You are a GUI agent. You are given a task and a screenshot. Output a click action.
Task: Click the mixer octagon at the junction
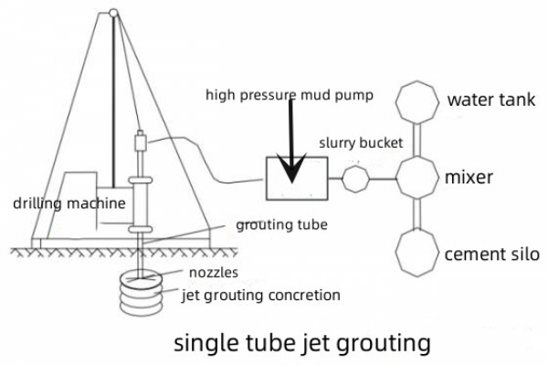point(418,177)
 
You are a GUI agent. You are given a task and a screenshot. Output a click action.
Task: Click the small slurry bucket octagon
point(355,178)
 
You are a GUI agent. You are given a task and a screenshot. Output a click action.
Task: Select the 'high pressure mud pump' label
point(289,95)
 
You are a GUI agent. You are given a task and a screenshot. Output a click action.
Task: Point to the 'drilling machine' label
point(56,203)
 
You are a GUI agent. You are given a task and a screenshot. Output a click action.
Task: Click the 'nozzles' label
point(214,272)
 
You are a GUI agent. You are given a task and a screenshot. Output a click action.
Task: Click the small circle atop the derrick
point(113,14)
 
